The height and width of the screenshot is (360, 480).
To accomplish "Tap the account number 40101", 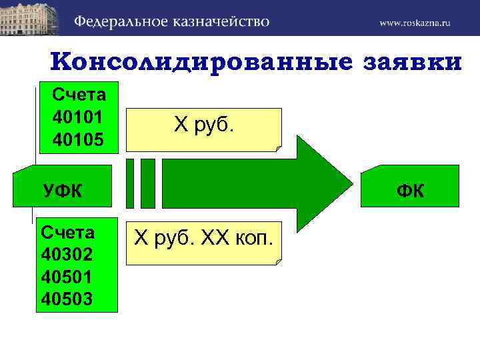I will [77, 117].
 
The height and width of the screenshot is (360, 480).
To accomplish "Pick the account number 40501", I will [67, 277].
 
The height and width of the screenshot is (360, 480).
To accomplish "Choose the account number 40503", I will [67, 298].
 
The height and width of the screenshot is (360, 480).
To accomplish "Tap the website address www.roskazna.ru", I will [415, 23].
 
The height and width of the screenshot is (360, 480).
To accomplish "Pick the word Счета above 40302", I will [67, 233].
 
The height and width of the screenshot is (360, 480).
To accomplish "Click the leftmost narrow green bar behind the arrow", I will [130, 183].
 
